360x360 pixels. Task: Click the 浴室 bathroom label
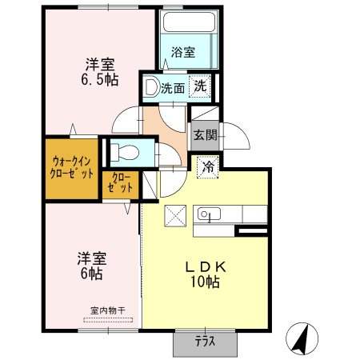coord(183,53)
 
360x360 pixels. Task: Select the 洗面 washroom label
coord(172,89)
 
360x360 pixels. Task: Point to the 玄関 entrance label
coord(204,136)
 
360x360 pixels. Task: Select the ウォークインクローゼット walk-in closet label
coord(72,166)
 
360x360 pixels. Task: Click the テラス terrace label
coord(205,342)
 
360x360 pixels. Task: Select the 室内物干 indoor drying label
coord(109,310)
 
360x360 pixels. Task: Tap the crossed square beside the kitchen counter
coord(174,216)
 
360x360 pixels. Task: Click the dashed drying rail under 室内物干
coord(109,319)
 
